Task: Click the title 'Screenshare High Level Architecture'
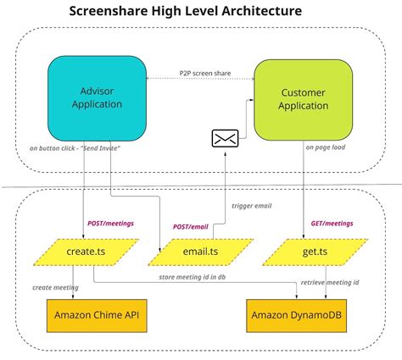[184, 13]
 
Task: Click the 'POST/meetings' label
[110, 224]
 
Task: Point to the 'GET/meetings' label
[332, 224]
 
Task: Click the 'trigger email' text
[253, 205]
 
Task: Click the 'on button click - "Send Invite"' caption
[75, 149]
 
